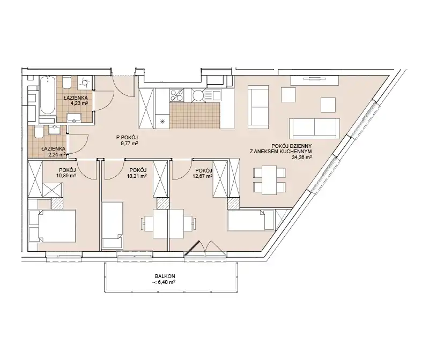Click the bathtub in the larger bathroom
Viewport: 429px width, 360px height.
[x=48, y=95]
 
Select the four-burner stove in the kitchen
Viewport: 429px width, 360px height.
[x=177, y=95]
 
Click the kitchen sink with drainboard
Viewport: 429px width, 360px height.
[x=212, y=95]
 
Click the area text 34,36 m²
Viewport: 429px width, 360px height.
[x=302, y=157]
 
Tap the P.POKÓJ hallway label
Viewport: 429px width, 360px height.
[x=127, y=138]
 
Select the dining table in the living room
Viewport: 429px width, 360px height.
[x=270, y=180]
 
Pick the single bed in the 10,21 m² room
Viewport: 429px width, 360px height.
[x=112, y=224]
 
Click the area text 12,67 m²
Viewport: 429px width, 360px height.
[x=203, y=176]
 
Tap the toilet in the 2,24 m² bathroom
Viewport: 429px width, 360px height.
[x=38, y=132]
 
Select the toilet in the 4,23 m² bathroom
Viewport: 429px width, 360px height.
[x=66, y=82]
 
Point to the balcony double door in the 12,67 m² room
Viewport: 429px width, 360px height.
[x=205, y=248]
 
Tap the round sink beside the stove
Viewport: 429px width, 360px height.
[x=197, y=95]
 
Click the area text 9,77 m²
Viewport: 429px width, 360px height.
[x=127, y=142]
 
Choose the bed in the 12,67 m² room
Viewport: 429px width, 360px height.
[x=251, y=220]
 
